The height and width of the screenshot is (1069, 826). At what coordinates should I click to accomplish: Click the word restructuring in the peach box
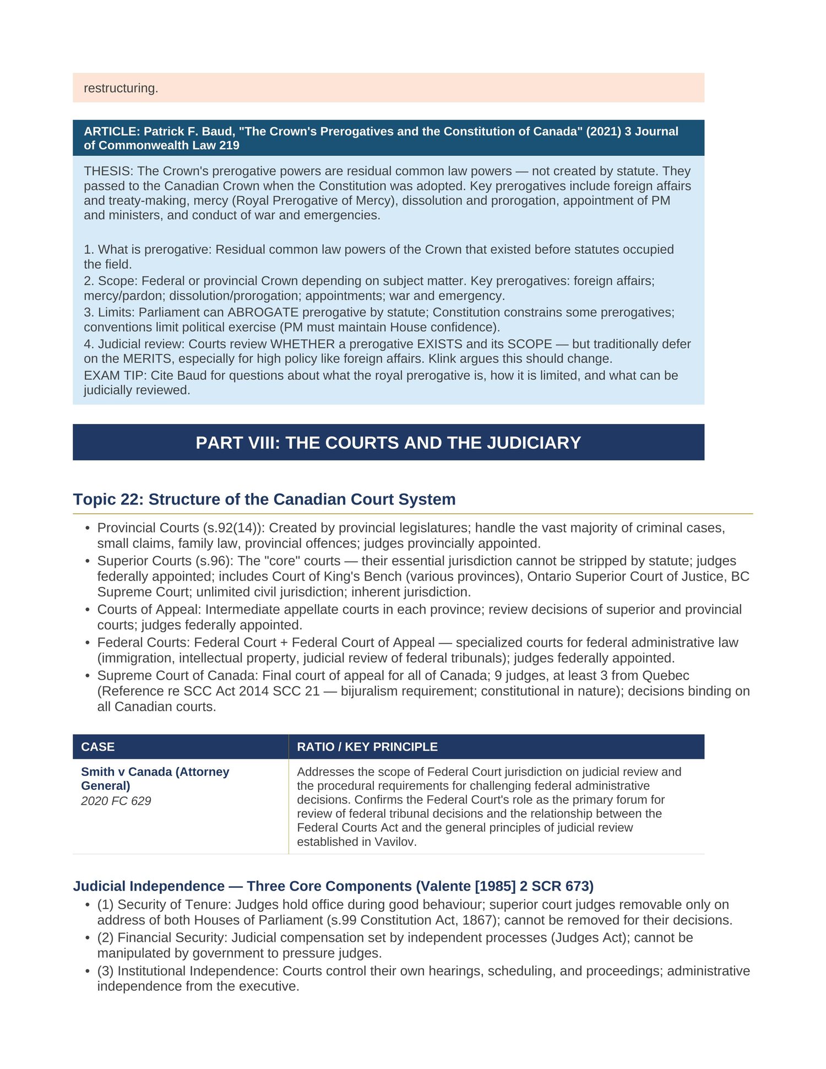(121, 88)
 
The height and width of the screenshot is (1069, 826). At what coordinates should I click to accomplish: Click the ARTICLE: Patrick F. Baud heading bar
(388, 138)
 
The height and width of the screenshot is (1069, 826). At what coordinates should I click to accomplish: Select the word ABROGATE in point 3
(263, 312)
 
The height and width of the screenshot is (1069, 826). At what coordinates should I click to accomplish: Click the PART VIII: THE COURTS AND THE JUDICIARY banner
(388, 443)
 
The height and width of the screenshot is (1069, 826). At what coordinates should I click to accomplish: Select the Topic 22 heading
(264, 499)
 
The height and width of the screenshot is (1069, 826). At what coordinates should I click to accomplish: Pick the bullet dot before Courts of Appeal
(87, 610)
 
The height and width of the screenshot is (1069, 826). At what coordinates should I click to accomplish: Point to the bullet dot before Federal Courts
(87, 643)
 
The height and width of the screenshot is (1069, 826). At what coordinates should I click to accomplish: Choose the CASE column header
(98, 747)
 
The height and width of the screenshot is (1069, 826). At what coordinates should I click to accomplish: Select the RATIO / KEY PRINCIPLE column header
(367, 747)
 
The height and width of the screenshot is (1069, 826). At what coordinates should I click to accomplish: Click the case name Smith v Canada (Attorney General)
(155, 779)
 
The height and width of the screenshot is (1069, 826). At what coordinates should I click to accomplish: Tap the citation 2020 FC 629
(116, 801)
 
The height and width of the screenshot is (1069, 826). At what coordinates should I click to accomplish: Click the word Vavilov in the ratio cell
(395, 842)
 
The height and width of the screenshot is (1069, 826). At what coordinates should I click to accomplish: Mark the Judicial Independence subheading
(333, 886)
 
